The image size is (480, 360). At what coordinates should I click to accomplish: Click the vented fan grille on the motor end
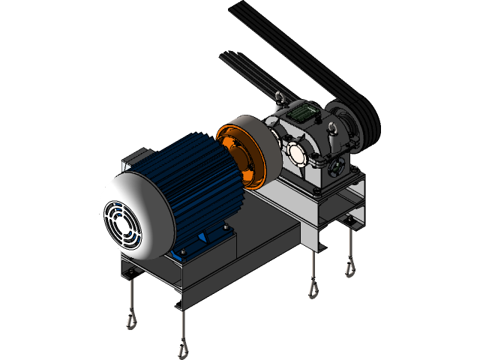point(121,223)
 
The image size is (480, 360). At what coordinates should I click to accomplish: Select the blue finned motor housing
point(199,180)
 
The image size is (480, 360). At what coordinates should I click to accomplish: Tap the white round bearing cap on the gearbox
point(295,153)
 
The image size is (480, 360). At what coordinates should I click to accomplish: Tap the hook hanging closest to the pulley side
point(349,267)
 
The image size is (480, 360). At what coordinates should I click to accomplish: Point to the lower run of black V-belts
point(247,75)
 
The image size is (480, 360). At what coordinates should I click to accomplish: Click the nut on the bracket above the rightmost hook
point(348,219)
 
